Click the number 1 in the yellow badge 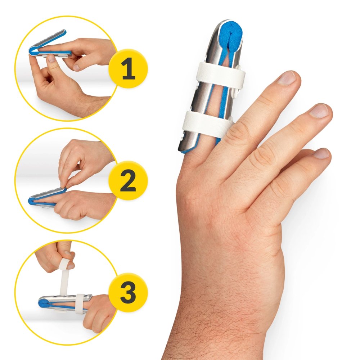tap(129, 68)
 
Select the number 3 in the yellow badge tap(128, 293)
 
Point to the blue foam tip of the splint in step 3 tap(43, 303)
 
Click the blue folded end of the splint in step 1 tap(32, 51)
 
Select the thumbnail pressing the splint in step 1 tap(51, 59)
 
